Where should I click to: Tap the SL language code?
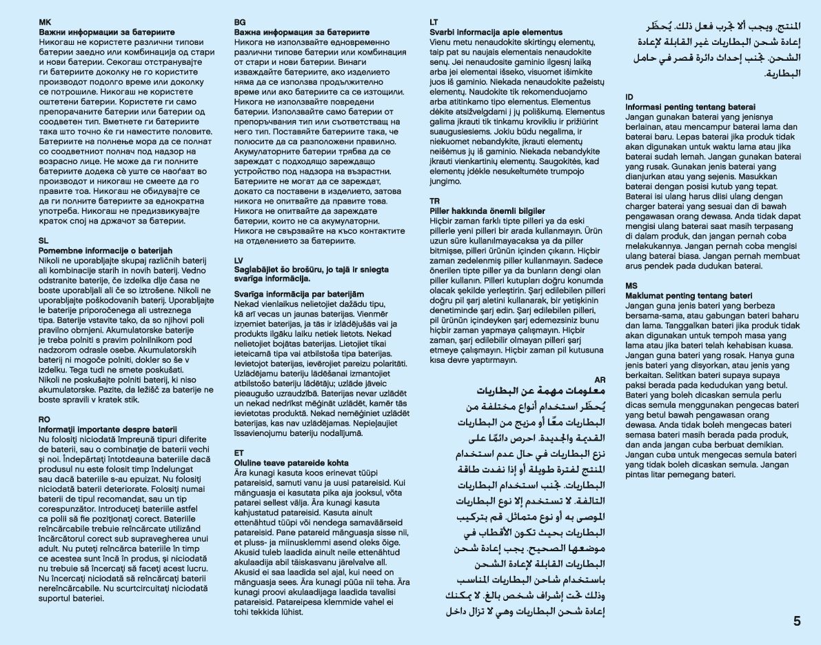coord(43,241)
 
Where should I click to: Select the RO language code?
coord(44,419)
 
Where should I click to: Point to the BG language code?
coord(239,23)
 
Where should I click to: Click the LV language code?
coord(239,260)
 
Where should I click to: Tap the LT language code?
coord(434,23)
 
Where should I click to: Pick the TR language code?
coord(434,201)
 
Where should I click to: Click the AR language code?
coord(600,379)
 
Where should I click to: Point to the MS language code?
coord(631,286)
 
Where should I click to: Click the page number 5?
coord(797,620)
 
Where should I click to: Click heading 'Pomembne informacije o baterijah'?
coord(105,250)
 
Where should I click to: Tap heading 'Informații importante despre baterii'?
coord(108,429)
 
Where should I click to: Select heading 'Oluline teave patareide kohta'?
coord(292,462)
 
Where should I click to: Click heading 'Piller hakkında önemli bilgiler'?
coord(487,210)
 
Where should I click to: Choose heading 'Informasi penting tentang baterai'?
coord(690,107)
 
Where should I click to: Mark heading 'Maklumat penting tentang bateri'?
coord(688,295)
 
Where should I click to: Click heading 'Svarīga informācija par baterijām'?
coord(298,294)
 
